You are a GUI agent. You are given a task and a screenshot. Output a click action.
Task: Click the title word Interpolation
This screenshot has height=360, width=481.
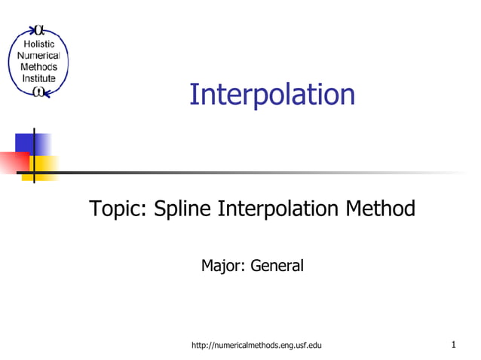point(271,95)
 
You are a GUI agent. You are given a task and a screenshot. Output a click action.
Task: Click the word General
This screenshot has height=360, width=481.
point(277,265)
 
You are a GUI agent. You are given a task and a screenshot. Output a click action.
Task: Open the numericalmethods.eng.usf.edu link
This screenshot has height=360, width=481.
point(257,345)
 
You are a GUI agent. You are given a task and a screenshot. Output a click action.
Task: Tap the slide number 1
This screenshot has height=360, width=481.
point(454,345)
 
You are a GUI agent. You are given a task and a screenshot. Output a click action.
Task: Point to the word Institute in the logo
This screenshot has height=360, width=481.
point(37,78)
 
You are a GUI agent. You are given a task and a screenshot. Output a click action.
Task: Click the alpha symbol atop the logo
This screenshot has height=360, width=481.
point(39,31)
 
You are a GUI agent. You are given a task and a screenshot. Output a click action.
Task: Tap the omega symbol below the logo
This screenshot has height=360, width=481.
point(38,92)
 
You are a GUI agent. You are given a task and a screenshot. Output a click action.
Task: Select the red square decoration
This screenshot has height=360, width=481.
point(13,162)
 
